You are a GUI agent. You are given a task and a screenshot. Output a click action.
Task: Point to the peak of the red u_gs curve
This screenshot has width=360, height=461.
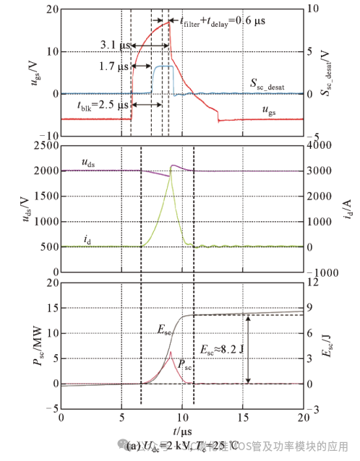click(170, 22)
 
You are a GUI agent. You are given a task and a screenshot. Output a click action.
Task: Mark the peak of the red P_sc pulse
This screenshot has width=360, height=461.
click(170, 352)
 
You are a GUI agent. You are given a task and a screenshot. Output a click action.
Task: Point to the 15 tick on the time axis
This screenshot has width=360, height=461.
click(243, 418)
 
